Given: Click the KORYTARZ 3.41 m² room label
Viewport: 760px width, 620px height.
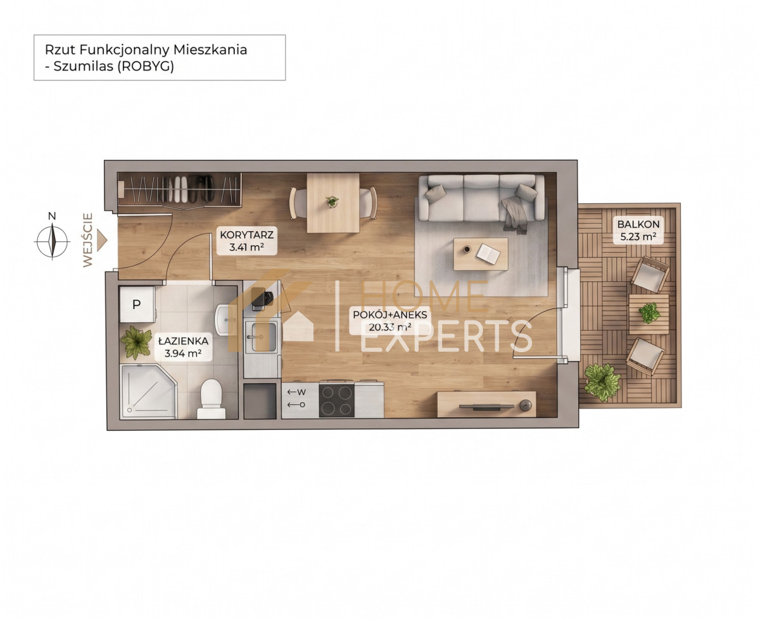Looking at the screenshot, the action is point(246,241).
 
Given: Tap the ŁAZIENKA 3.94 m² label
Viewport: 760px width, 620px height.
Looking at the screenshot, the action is point(183,346).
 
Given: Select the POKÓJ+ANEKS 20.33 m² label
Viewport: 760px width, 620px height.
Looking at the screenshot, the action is point(390,320).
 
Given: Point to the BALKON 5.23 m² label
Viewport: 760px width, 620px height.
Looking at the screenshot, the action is point(638,230).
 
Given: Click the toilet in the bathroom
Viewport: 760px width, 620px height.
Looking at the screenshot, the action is point(211,398).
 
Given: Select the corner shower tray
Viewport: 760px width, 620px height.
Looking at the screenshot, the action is point(148,392).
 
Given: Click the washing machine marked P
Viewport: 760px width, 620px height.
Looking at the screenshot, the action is point(137,305).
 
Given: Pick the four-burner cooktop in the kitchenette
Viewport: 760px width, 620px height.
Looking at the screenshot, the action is point(336,400).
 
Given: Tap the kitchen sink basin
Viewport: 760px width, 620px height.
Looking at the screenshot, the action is point(261,337).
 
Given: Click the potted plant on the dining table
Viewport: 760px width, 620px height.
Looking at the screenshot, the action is point(332,201).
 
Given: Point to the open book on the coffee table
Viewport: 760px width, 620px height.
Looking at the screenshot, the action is point(488,253).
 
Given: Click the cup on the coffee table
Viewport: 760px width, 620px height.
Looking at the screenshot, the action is point(467,249).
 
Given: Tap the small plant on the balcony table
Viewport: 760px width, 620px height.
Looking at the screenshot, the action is point(649,313).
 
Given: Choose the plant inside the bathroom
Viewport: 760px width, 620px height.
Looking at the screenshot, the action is point(136,342).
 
